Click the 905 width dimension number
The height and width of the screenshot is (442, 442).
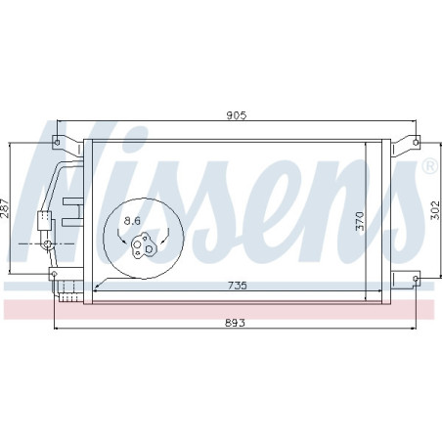tap(236, 114)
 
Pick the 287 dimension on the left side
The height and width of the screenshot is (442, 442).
tap(6, 208)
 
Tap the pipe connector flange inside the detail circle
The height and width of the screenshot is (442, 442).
tap(143, 243)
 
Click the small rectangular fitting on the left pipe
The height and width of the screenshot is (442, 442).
tap(43, 221)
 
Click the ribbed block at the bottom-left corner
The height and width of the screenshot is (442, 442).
tap(66, 287)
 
